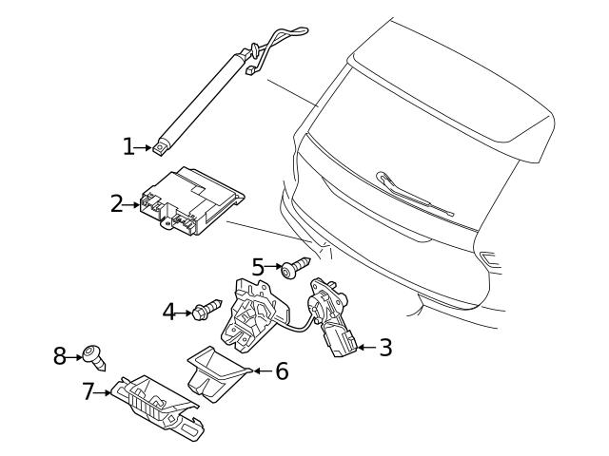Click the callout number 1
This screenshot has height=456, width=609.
click(x=128, y=146)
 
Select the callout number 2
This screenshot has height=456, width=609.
click(x=117, y=203)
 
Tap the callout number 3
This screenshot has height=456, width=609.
click(x=384, y=348)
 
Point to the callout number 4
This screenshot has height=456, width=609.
click(x=169, y=311)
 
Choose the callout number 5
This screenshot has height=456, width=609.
click(x=258, y=267)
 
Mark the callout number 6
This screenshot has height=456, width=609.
click(x=281, y=370)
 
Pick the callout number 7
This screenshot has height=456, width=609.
click(x=88, y=390)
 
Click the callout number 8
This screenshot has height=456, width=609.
click(x=59, y=356)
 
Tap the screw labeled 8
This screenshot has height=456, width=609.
click(x=94, y=356)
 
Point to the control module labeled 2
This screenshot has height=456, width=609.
click(x=190, y=201)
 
